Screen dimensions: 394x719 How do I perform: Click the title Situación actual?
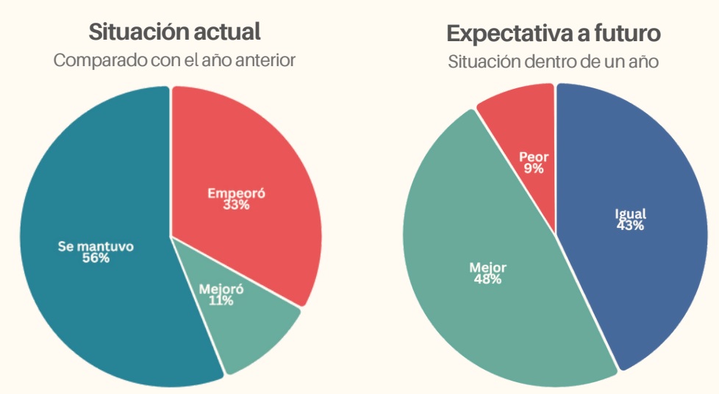174,32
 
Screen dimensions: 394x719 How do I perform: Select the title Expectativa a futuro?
553,34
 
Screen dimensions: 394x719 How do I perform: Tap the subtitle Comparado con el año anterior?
174,60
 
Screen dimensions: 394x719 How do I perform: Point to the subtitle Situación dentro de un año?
553,62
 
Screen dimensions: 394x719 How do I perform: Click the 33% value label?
236,205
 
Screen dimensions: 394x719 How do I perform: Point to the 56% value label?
96,258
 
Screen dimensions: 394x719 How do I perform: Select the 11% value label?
221,301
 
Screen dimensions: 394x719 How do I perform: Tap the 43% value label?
630,226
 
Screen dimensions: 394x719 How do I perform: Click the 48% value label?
487,279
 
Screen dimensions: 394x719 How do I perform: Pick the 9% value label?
534,168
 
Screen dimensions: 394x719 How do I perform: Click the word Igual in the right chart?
630,214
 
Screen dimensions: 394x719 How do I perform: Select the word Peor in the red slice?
534,157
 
